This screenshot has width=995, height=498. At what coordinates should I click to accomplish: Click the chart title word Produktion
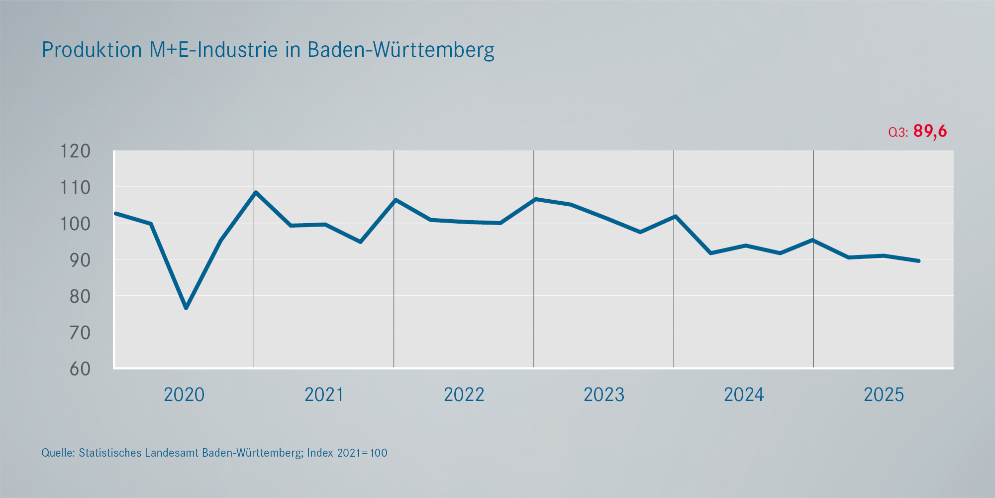[92, 50]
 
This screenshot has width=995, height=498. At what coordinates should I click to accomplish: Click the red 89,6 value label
[930, 131]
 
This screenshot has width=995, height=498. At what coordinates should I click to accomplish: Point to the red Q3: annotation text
[898, 132]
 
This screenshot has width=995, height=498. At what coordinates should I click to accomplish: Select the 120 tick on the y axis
[75, 151]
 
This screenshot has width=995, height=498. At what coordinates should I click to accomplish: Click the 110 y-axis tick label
[75, 188]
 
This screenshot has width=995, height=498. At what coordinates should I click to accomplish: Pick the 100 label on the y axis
[75, 224]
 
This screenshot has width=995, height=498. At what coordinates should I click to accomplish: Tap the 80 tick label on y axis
[80, 296]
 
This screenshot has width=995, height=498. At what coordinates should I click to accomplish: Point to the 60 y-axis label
[80, 369]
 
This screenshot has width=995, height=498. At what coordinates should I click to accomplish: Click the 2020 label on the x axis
[184, 395]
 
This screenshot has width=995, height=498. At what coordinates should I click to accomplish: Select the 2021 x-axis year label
[324, 395]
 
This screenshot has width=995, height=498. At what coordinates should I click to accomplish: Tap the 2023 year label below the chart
[604, 395]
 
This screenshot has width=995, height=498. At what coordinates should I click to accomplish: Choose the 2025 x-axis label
[884, 395]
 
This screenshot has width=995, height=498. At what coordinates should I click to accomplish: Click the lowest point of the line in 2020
[186, 308]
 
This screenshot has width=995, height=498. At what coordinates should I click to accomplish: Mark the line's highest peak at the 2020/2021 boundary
[255, 192]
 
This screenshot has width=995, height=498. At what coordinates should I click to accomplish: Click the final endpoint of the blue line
[918, 260]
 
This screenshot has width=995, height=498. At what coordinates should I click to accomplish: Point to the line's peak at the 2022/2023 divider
[535, 199]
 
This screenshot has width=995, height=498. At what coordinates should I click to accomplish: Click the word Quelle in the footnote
[58, 453]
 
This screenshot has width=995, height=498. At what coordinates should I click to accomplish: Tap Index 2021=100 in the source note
[347, 453]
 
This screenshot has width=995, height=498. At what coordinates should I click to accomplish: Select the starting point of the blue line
[115, 213]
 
